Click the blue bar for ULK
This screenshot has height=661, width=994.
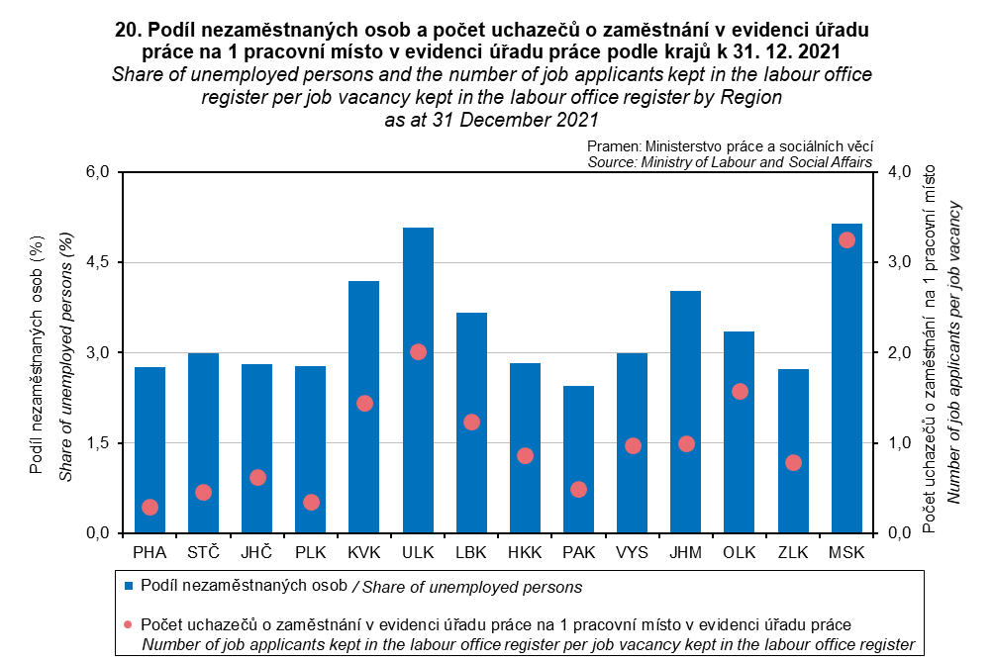click(x=418, y=381)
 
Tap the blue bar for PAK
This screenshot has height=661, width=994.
click(x=578, y=459)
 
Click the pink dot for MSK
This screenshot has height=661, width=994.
click(x=846, y=240)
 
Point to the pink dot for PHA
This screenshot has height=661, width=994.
click(x=149, y=508)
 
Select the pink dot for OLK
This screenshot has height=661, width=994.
click(x=740, y=392)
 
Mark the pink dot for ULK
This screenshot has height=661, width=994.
click(x=418, y=352)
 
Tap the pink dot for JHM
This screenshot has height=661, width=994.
click(x=686, y=444)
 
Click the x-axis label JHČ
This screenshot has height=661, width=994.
click(x=257, y=550)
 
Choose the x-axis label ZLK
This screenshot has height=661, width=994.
click(x=793, y=550)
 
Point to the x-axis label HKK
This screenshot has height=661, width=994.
click(x=525, y=550)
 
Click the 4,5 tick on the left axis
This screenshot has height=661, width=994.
click(x=97, y=262)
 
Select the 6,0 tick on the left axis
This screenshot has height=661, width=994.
click(x=97, y=172)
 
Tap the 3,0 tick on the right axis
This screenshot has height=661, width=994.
click(x=897, y=262)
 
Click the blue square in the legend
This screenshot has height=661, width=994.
click(x=129, y=587)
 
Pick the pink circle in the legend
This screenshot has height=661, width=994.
click(x=129, y=625)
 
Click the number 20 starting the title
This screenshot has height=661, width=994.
click(x=127, y=30)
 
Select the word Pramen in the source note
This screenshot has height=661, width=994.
click(x=613, y=145)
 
